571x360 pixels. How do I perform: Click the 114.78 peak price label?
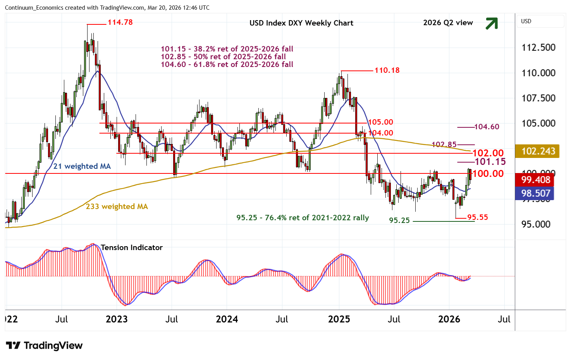point(120,22)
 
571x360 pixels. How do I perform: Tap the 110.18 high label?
point(387,70)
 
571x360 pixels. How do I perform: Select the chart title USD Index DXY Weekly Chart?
point(301,23)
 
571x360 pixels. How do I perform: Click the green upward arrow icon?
point(492,24)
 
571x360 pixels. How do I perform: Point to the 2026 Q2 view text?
point(448,23)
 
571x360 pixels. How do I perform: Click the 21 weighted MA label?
point(82,166)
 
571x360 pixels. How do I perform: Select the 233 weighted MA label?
point(117,207)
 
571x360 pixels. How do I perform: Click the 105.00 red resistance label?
point(380,122)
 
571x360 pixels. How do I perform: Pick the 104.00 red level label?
point(380,133)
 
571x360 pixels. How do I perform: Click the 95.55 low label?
point(478,218)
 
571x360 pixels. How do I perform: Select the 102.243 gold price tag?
point(538,151)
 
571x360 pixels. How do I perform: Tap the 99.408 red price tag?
point(536,180)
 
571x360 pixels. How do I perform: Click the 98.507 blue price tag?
point(536,193)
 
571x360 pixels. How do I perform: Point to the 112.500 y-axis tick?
point(538,48)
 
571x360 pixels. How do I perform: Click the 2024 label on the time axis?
point(227,319)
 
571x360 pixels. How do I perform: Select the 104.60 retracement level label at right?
point(487,127)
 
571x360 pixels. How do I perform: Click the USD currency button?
point(526,21)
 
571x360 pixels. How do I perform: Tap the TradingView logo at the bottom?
point(45,346)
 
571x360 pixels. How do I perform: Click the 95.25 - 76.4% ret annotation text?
point(303,218)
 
